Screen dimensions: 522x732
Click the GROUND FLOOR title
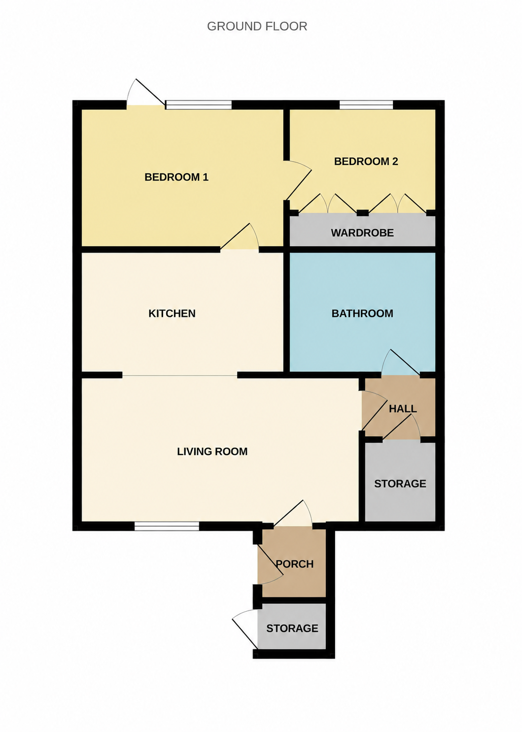point(257,27)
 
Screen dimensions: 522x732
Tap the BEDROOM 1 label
point(176,177)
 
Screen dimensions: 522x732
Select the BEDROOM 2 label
point(366,161)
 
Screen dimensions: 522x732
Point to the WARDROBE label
point(362,233)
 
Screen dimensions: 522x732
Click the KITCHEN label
point(172,314)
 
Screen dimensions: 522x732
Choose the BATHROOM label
point(362,314)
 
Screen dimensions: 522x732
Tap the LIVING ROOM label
point(212,452)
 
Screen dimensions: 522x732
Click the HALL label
point(403,409)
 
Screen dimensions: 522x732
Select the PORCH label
point(295,564)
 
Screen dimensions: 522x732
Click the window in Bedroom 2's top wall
point(366,105)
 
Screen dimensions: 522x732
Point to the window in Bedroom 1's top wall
point(199,105)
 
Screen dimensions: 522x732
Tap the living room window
point(167,526)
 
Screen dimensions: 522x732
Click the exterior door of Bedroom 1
point(145,93)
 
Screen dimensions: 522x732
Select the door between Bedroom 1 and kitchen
point(240,237)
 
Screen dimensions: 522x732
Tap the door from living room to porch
point(293,513)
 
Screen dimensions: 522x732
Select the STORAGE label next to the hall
point(400,484)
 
